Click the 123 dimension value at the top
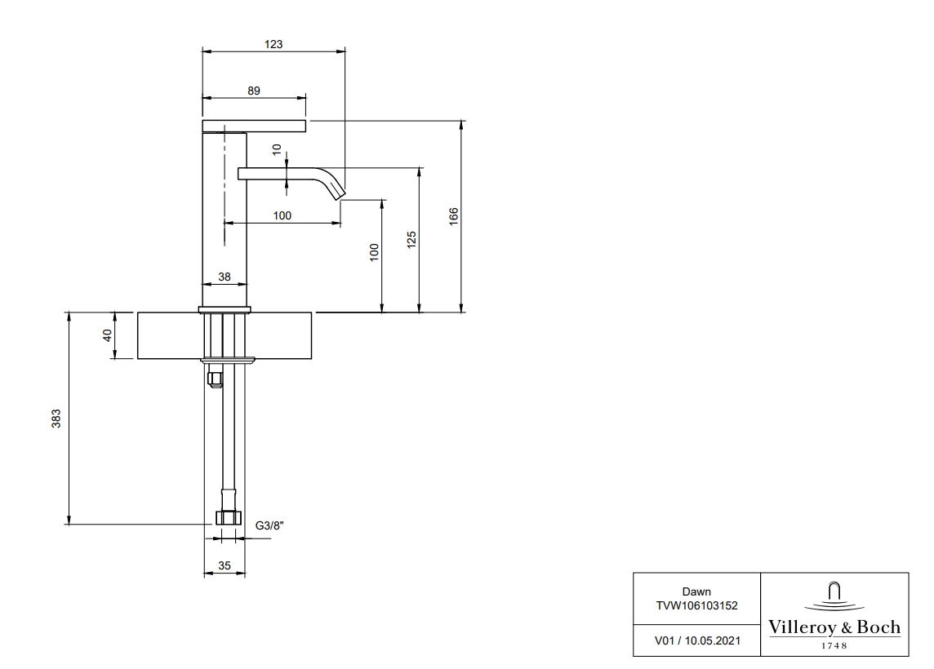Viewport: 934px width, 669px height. coord(274,44)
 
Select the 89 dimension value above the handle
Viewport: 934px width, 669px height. coord(254,91)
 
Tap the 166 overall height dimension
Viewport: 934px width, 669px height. coord(454,215)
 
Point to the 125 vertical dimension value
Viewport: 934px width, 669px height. coord(411,240)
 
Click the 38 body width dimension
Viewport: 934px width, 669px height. coord(224,277)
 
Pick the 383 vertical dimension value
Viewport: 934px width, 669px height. coord(56,419)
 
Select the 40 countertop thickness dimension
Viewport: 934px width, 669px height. coord(108,335)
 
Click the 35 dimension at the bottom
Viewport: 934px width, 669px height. coord(224,565)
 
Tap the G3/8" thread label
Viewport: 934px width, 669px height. coord(269,525)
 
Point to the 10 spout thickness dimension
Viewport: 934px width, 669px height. coord(277,149)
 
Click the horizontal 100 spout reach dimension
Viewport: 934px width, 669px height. coord(282,215)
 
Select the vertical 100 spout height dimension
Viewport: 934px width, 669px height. coord(374,252)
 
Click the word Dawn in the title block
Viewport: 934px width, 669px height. coord(696,591)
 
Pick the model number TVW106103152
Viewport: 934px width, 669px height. coord(696,605)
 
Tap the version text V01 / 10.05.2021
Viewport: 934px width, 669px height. coord(697,640)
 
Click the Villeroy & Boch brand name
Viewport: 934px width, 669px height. coord(834,627)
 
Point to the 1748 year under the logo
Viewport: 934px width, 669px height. coord(834,646)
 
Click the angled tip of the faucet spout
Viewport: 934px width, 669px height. coord(340,195)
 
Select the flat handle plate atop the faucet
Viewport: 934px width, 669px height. coord(255,126)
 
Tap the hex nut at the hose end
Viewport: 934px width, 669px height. coord(228,517)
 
